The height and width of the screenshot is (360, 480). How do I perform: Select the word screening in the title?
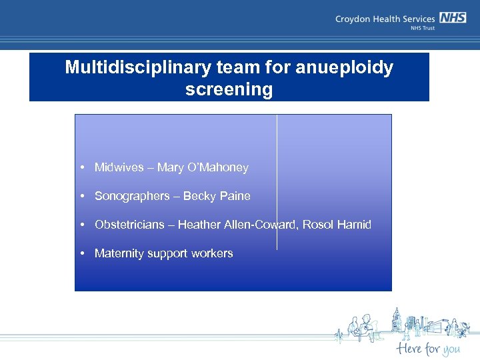229,89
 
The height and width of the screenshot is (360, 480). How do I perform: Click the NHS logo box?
453,19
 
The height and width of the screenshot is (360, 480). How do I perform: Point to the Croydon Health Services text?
385,20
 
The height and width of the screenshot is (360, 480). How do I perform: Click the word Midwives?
119,167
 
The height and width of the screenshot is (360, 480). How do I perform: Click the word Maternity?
120,253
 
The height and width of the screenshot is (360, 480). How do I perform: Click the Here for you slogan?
427,349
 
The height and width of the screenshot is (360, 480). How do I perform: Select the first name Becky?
197,196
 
